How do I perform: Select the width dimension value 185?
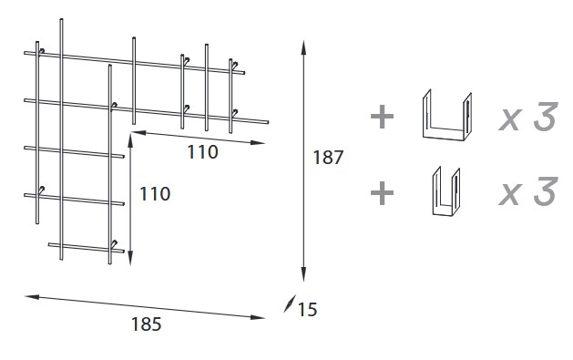[146, 323]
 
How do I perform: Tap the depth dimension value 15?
[307, 310]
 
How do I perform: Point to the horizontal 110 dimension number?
[202, 152]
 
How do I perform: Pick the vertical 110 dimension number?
[154, 193]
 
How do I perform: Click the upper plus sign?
[382, 117]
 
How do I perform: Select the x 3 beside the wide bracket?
[527, 118]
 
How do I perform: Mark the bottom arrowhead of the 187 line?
[303, 279]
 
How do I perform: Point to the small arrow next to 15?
[289, 304]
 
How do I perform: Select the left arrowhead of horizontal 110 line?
[136, 132]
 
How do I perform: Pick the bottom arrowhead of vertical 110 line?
[131, 257]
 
